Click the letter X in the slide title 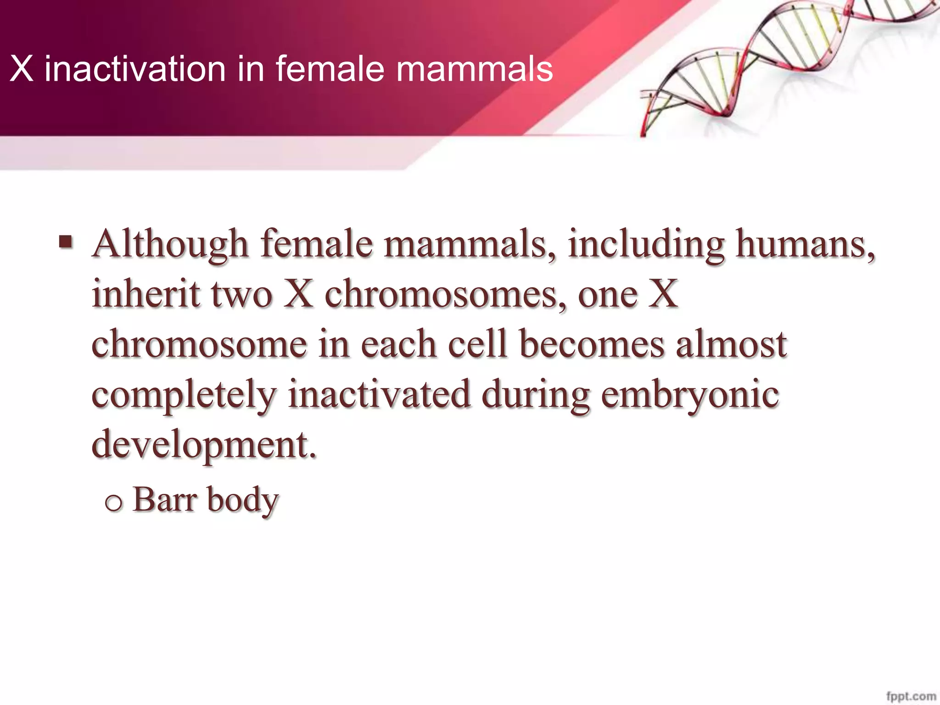(x=22, y=70)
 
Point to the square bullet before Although (x=66, y=241)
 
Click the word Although (x=170, y=245)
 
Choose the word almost (x=732, y=344)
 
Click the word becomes (x=592, y=344)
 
